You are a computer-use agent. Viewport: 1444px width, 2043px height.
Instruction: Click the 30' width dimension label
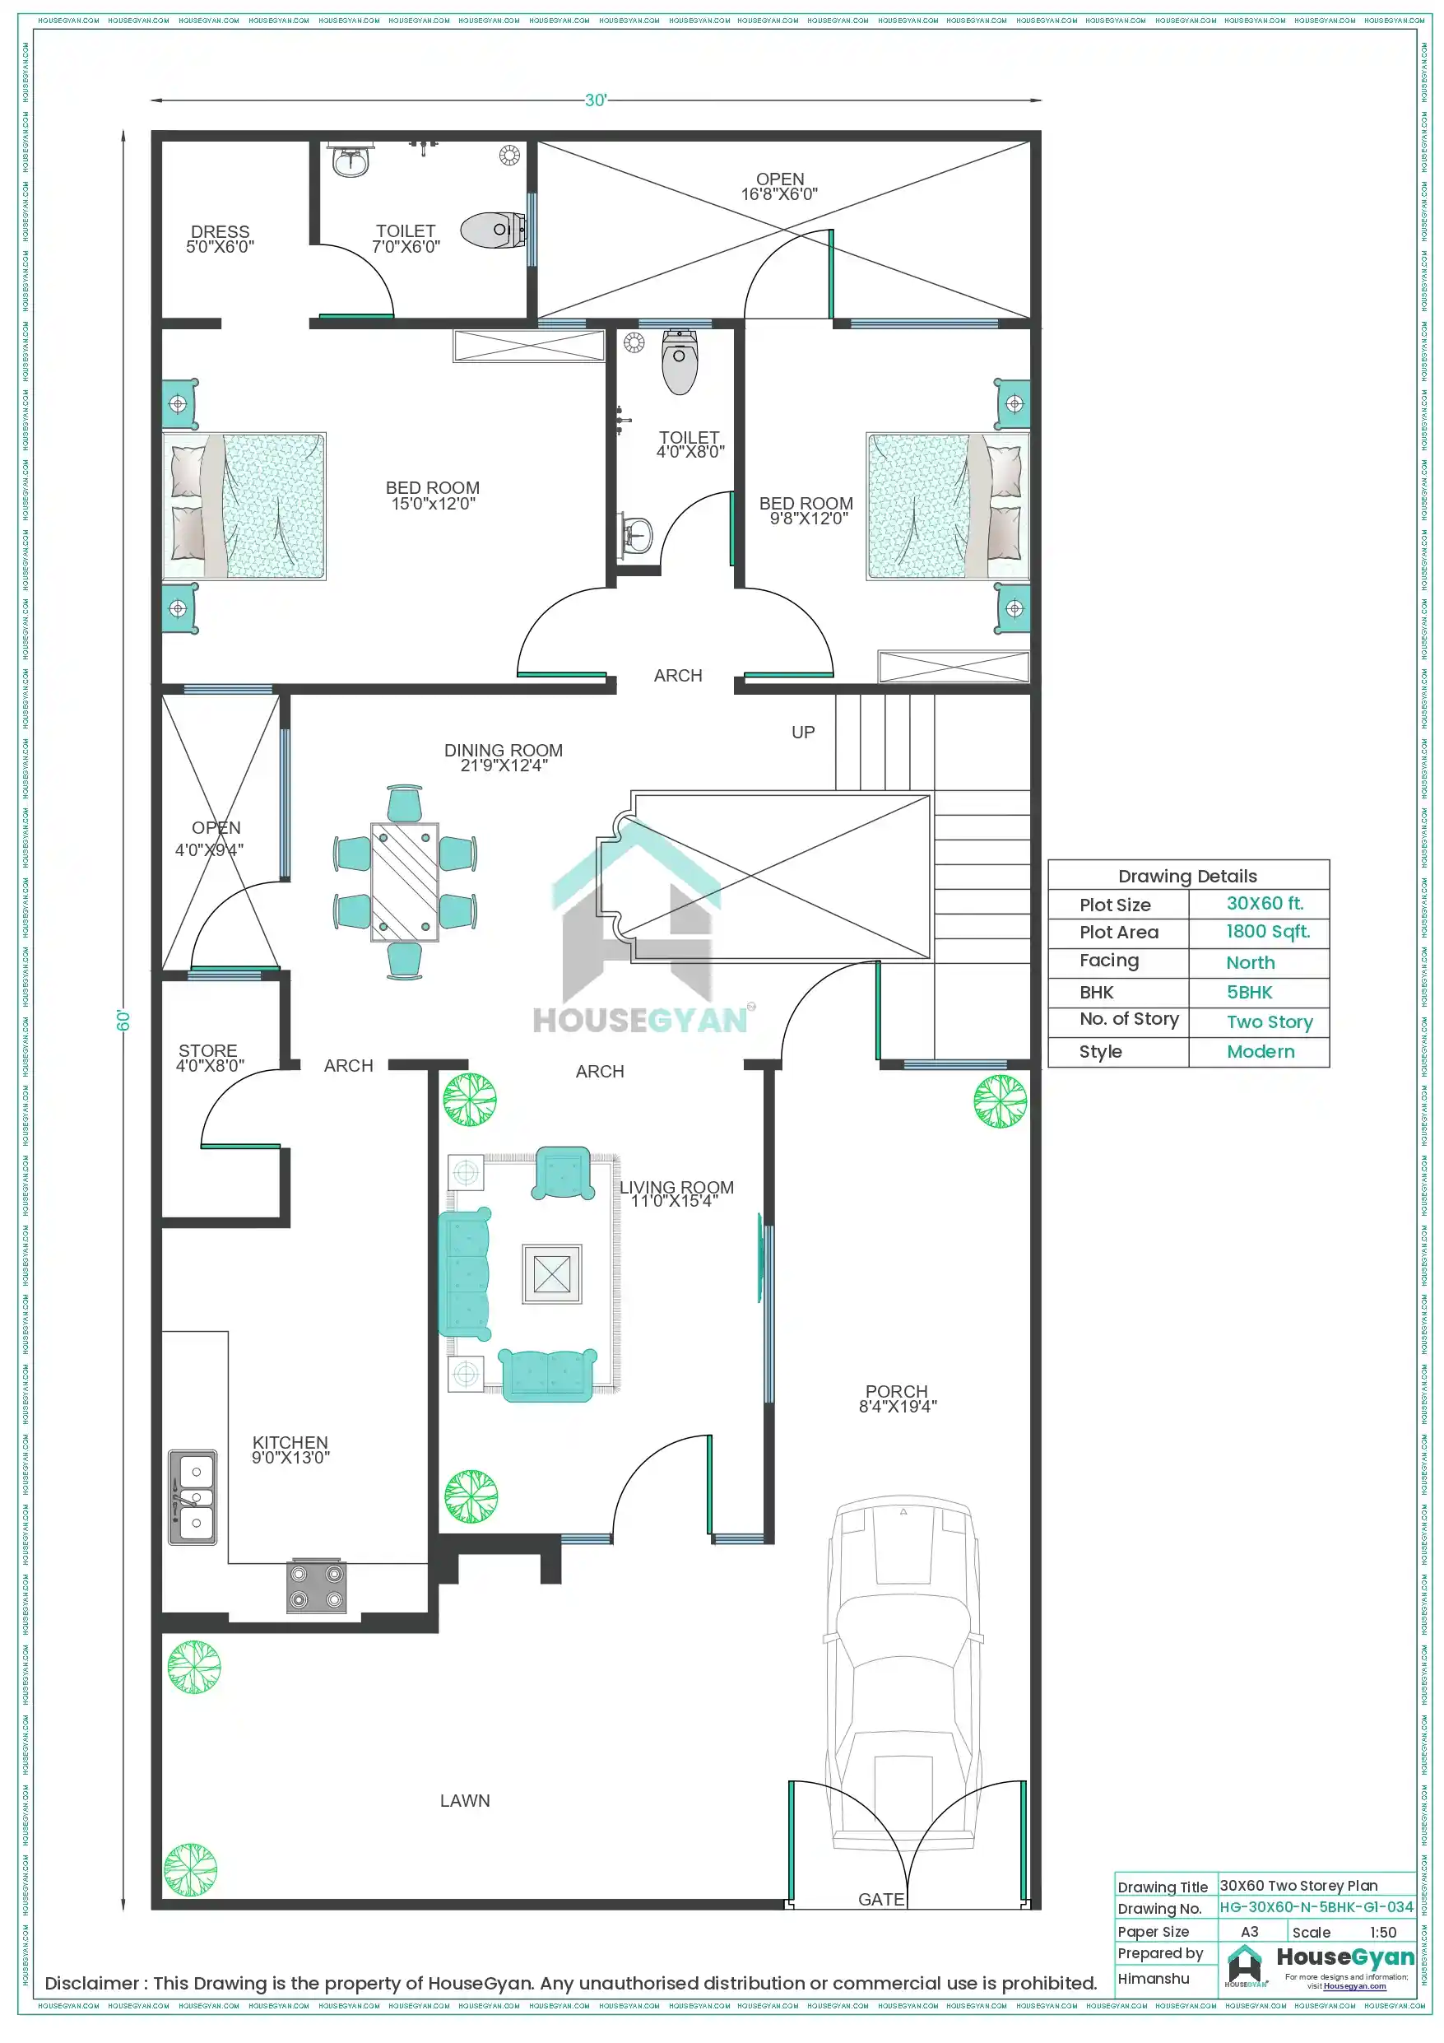point(595,100)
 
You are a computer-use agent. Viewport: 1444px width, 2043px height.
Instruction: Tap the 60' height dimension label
point(123,1020)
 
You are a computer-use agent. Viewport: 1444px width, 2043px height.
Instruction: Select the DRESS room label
point(220,232)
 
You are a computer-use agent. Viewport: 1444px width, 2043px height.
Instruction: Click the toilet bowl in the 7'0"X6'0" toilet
point(494,230)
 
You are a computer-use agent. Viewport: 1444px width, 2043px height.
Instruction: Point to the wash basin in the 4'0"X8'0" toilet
point(636,536)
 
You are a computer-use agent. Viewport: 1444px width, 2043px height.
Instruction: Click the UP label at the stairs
point(802,733)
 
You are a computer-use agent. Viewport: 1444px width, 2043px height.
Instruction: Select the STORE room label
point(208,1051)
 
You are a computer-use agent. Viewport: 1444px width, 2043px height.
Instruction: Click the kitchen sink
point(193,1497)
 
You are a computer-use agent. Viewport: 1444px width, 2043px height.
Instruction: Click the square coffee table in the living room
point(551,1274)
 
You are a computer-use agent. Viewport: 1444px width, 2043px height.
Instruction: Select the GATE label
point(881,1900)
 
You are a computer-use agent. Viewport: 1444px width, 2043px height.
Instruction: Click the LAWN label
point(464,1801)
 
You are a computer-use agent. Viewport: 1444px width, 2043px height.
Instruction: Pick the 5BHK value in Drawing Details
point(1249,992)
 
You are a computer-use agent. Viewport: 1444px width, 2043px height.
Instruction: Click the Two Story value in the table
point(1269,1021)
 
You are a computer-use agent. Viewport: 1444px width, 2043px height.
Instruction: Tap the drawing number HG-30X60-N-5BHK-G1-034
point(1316,1907)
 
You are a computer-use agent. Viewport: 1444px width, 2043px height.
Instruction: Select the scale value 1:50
point(1382,1932)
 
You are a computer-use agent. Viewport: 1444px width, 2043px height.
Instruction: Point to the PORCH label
point(896,1392)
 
